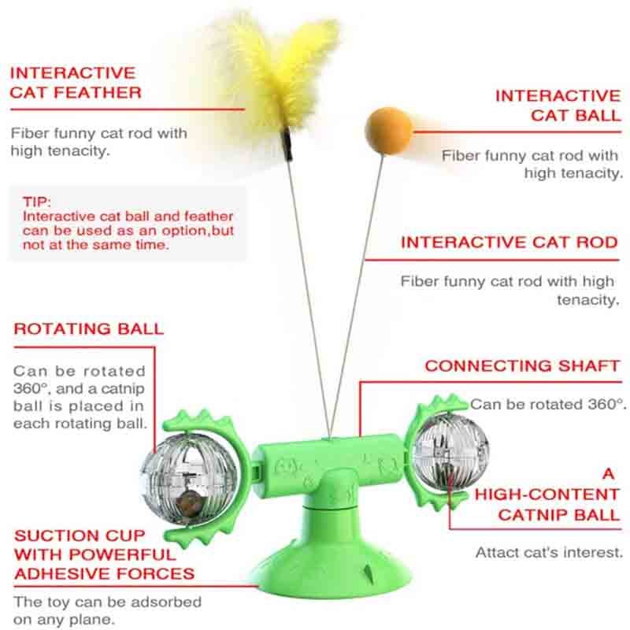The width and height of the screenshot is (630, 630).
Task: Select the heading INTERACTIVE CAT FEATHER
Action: [x=76, y=83]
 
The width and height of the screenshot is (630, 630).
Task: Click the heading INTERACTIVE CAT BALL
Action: [x=558, y=106]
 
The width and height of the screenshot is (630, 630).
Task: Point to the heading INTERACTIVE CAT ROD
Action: [x=509, y=243]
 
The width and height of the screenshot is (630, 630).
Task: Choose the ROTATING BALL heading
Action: [x=88, y=328]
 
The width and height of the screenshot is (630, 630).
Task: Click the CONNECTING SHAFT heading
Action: [x=522, y=365]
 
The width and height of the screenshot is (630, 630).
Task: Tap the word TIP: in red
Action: [x=37, y=202]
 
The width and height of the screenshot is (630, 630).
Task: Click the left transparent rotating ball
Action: [x=190, y=480]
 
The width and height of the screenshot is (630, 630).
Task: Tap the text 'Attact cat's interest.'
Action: [x=549, y=553]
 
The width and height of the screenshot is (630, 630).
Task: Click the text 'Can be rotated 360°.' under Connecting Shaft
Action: [x=548, y=404]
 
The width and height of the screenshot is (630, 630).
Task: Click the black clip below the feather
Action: [x=287, y=144]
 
